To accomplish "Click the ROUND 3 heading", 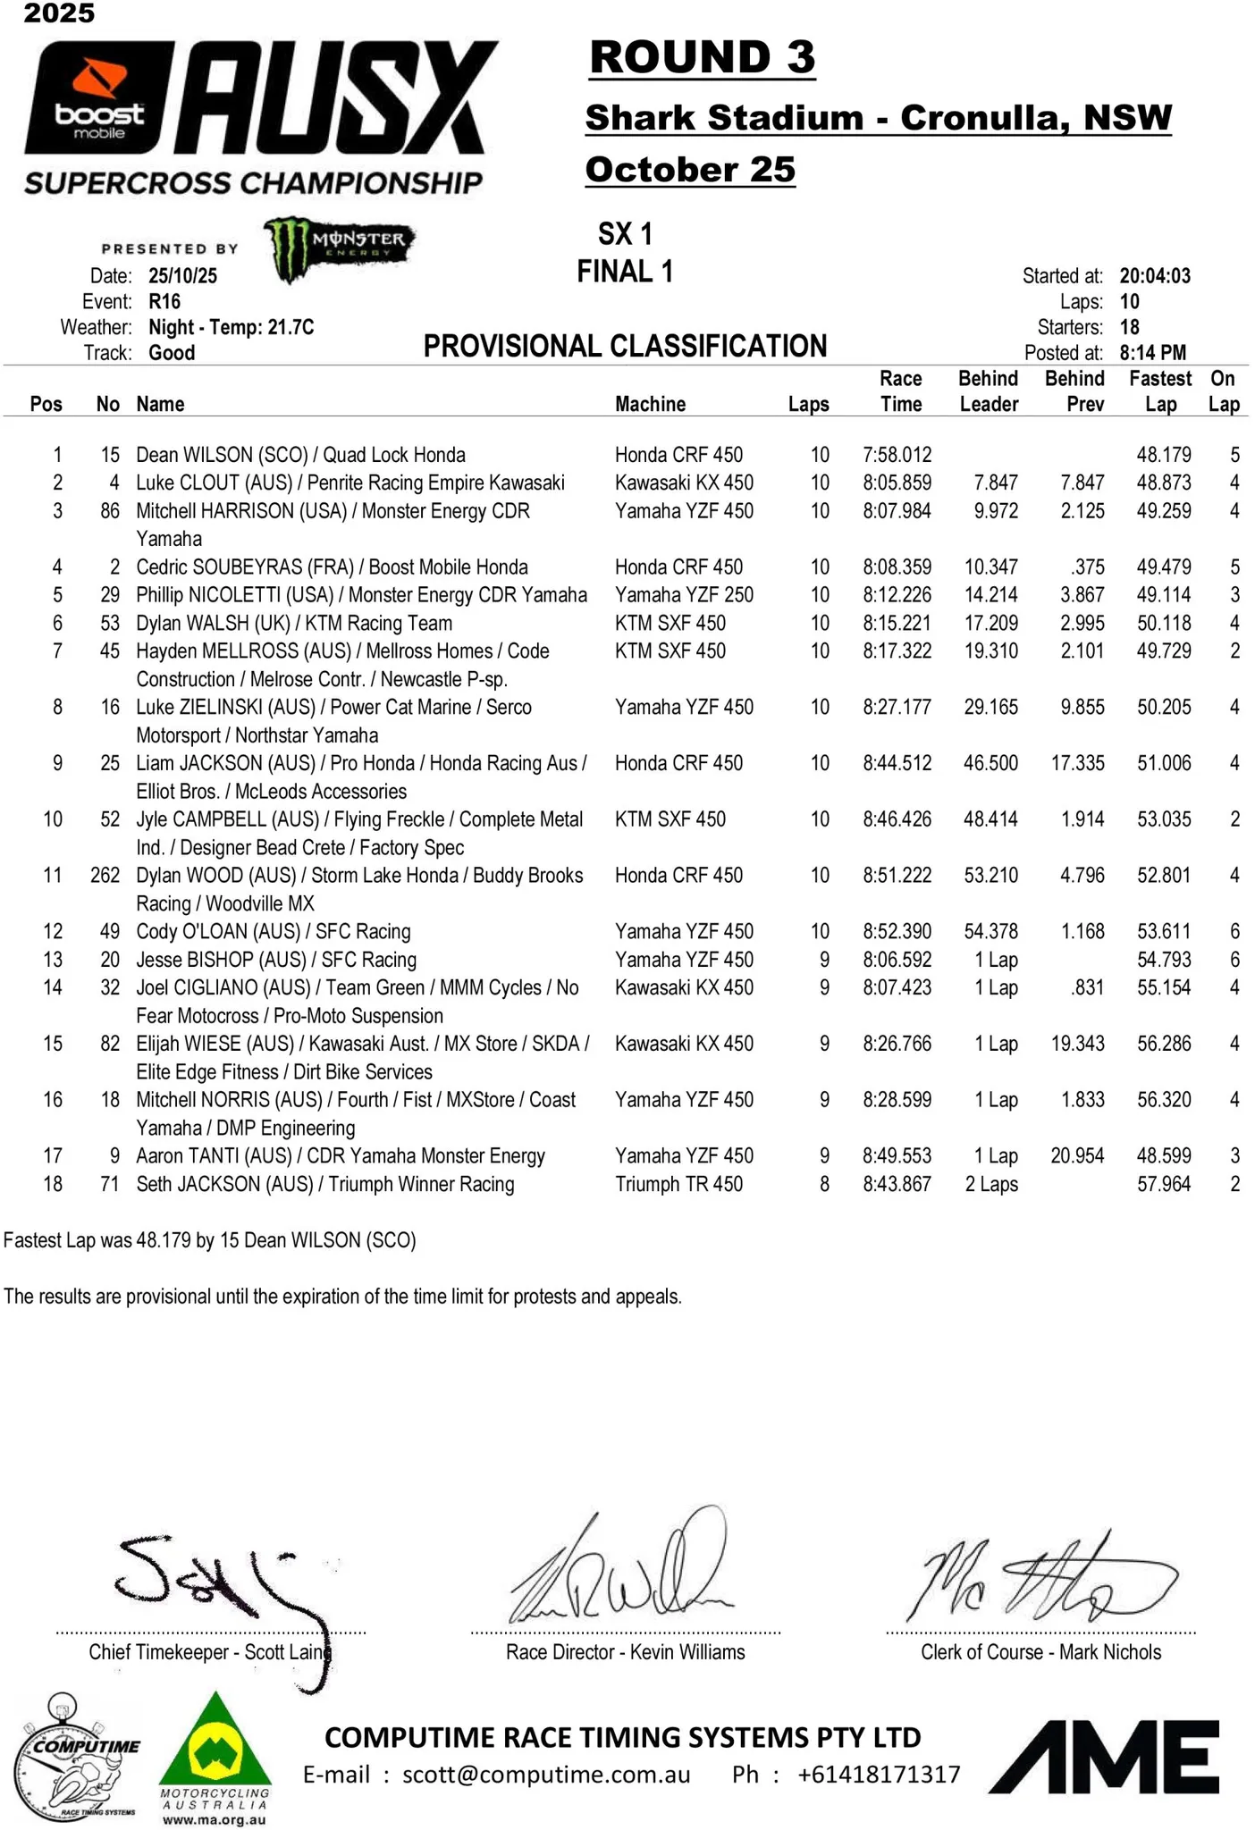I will coord(703,57).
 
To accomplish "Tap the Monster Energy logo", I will coord(339,248).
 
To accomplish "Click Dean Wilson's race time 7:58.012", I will coord(897,455).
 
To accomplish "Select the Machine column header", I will coord(650,404).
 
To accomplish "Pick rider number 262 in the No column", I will coord(105,876).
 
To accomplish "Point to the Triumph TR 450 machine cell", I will coord(678,1185).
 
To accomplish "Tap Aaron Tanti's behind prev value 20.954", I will coord(1077,1156).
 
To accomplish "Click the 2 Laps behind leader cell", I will coord(991,1185).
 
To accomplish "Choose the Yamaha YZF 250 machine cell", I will coord(684,595).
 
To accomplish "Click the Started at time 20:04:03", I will coord(1155,276).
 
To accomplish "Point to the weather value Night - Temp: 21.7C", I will coord(232,327).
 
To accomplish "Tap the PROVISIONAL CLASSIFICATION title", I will coord(625,346).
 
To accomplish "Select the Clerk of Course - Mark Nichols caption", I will coord(1040,1652).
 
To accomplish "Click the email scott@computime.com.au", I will coord(546,1774).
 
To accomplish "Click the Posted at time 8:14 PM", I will coord(1152,353).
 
